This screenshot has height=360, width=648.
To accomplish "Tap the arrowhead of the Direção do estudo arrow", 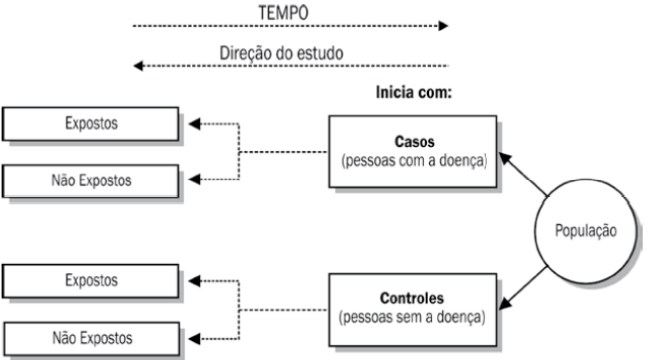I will pos(140,68).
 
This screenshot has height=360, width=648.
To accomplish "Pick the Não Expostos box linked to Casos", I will pos(91,181).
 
